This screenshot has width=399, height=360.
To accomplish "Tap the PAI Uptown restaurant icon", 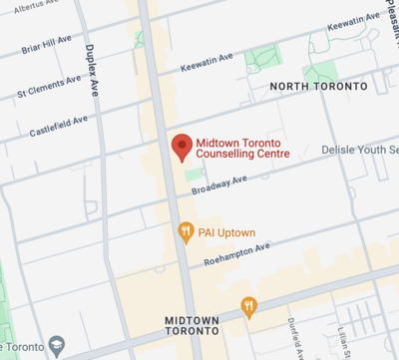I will point(185,232).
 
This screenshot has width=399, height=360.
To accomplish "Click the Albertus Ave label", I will point(34,6).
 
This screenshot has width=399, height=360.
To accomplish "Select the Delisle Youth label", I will point(359,150).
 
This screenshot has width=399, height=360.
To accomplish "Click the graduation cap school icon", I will point(57,347).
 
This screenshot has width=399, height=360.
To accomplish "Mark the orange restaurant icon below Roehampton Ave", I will point(248,306).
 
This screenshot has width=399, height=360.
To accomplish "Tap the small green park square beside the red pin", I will point(193,176).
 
